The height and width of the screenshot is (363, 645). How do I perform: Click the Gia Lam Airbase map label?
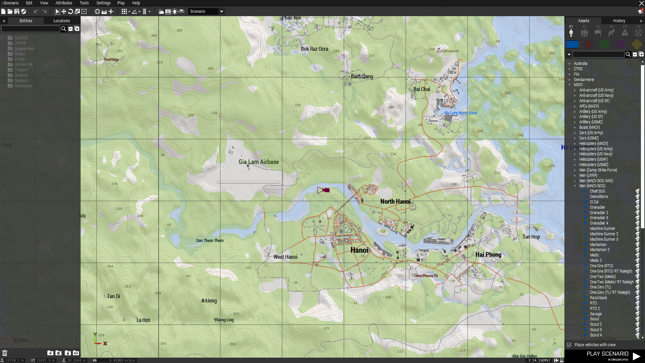(x=259, y=162)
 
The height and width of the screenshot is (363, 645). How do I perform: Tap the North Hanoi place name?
(x=395, y=202)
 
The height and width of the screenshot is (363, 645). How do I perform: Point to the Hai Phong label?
(x=488, y=255)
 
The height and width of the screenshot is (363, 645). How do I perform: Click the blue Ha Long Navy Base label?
(x=460, y=113)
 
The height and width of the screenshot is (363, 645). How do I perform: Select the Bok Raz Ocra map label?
(x=314, y=49)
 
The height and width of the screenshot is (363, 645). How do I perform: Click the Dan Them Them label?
(x=210, y=241)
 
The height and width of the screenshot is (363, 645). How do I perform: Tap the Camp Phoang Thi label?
(x=425, y=276)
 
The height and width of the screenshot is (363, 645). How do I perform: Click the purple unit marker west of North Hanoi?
(x=327, y=190)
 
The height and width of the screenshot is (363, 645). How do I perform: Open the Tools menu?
(x=84, y=3)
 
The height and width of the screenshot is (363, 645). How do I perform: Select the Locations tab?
(x=62, y=21)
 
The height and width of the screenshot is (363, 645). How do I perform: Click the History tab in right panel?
(x=619, y=21)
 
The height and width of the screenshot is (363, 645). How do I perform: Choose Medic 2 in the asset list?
(x=596, y=260)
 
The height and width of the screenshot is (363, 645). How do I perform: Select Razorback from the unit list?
(x=598, y=298)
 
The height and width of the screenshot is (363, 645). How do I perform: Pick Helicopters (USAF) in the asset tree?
(x=593, y=159)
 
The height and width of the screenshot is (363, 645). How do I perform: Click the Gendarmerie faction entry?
(x=584, y=80)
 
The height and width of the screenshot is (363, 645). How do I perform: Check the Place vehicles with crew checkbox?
(x=569, y=345)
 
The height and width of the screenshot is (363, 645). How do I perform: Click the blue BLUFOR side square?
(x=572, y=44)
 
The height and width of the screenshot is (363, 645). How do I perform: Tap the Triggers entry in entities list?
(x=21, y=70)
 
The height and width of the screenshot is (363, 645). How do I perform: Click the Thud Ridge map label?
(x=111, y=60)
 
